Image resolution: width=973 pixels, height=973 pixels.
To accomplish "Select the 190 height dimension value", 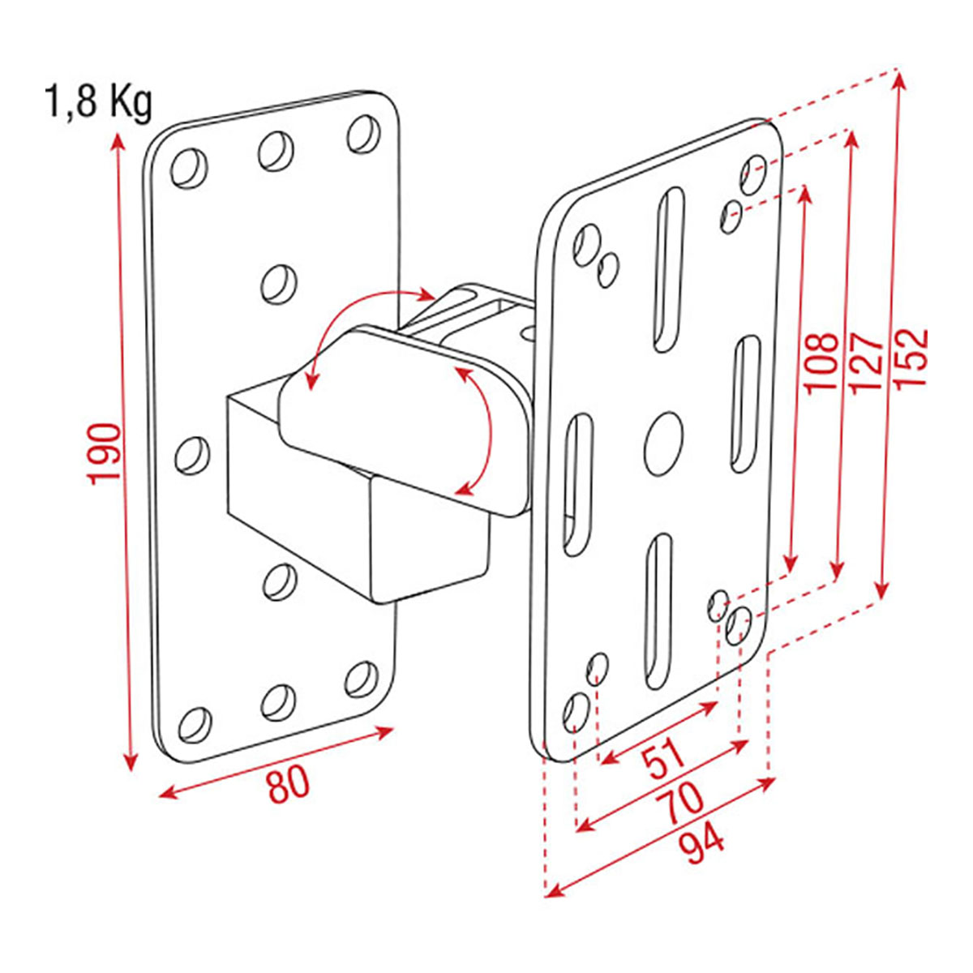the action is [x=105, y=454].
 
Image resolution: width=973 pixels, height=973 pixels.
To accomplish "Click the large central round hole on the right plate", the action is [x=663, y=435].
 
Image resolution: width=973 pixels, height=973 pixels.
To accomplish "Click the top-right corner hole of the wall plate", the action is [x=363, y=134].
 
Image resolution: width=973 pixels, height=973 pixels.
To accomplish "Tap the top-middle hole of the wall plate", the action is [x=276, y=152].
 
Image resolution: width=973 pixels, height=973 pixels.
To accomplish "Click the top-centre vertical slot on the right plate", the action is [x=669, y=270].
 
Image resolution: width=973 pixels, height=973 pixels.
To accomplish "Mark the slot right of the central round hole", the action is [x=745, y=405].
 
